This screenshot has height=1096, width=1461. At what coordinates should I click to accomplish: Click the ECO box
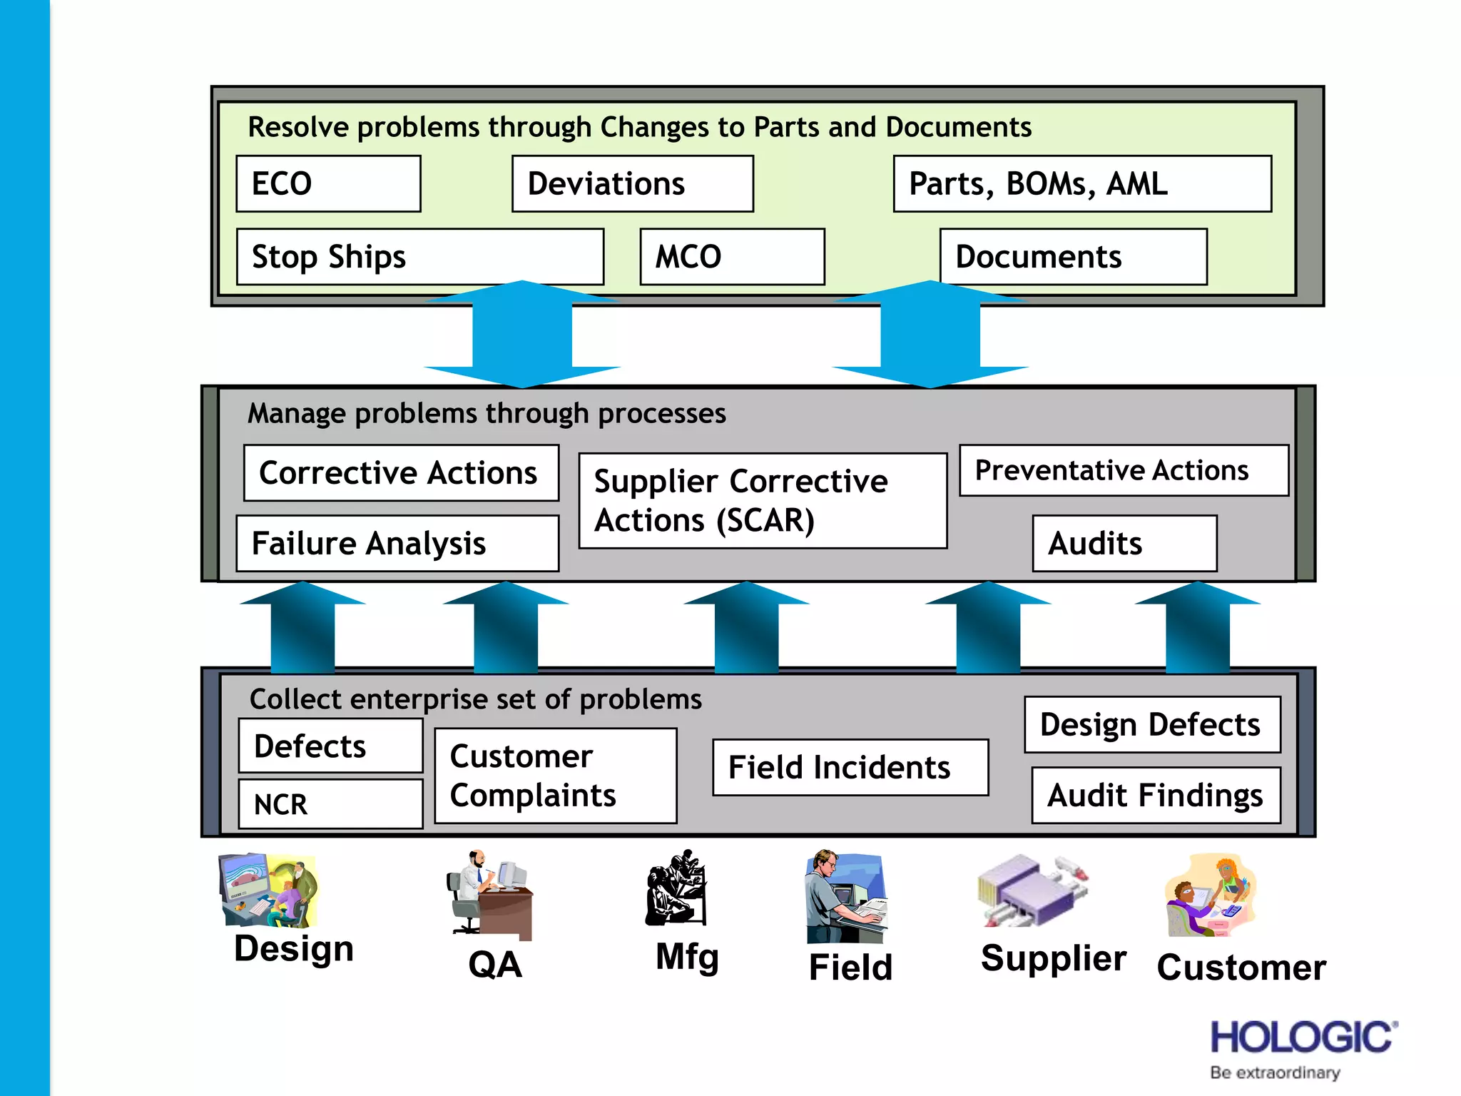click(328, 184)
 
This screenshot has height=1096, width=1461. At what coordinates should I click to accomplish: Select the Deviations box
click(632, 184)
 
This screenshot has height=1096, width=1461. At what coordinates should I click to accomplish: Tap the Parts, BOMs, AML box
click(1081, 184)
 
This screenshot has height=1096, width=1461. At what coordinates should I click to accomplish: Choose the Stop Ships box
click(419, 257)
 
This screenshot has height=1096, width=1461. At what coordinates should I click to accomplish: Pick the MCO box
click(732, 257)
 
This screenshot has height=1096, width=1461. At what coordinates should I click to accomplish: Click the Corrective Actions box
click(401, 473)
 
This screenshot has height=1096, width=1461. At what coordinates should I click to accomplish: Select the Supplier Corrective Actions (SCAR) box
click(762, 501)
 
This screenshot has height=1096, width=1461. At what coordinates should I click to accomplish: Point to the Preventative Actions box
click(1124, 470)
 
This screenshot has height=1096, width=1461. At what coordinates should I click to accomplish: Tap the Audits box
click(1124, 543)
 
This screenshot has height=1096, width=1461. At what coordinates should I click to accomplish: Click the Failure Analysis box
click(397, 543)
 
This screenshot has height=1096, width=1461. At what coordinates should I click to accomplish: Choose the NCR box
click(330, 804)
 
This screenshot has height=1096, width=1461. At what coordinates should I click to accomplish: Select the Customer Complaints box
click(555, 776)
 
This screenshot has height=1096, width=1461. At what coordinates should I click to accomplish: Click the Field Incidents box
click(850, 768)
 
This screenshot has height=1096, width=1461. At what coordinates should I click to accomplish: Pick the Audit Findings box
click(1156, 795)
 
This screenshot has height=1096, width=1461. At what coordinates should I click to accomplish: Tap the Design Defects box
click(1152, 724)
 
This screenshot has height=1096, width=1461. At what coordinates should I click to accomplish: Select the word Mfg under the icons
click(687, 957)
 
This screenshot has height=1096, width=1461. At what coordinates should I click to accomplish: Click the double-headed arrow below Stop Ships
click(522, 334)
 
